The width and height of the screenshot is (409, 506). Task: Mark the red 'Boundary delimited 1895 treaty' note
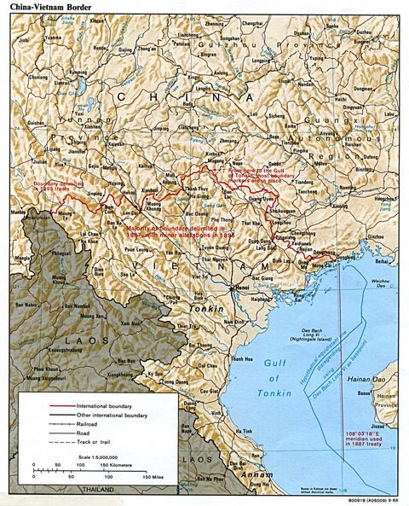[58, 185]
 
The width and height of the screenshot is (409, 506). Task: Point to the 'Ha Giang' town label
[198, 195]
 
